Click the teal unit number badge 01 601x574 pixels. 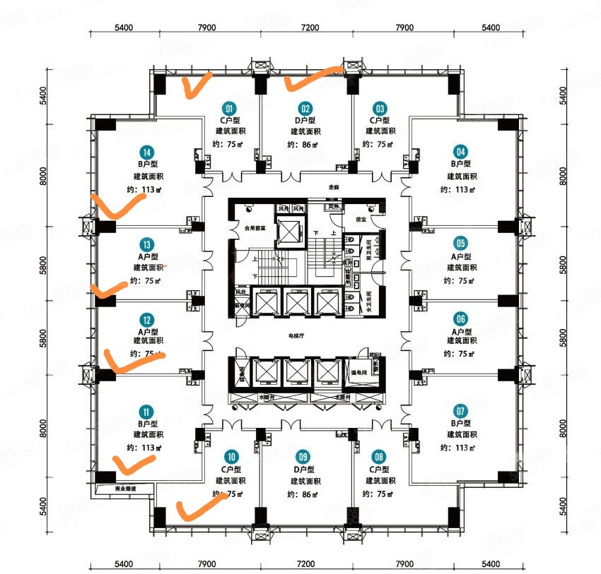(x=229, y=109)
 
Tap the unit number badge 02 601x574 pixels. (x=305, y=109)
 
